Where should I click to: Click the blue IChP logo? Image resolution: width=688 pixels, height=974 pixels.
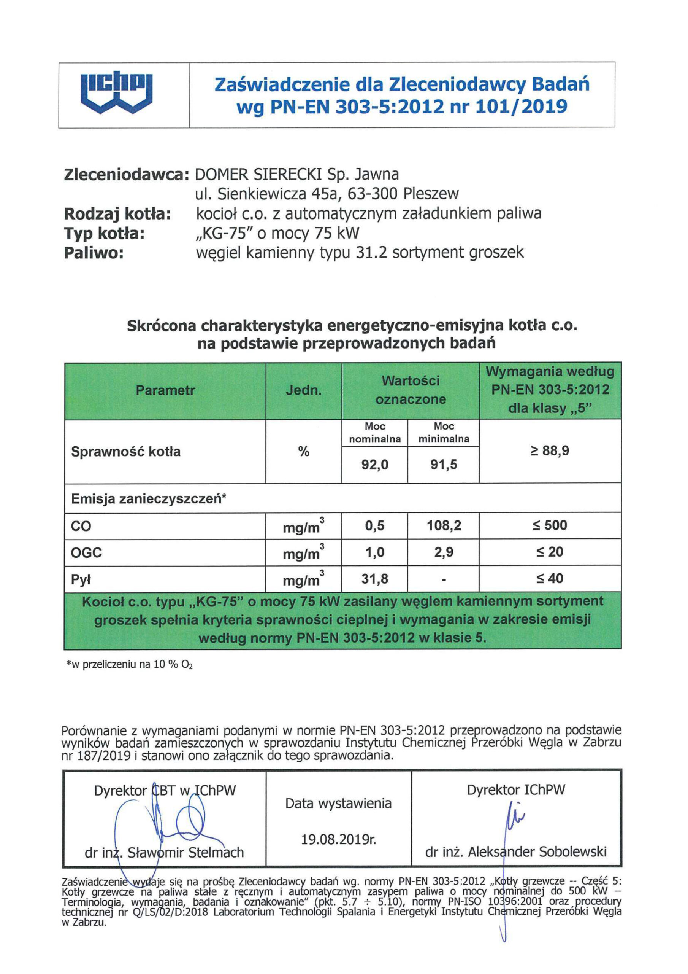pyautogui.click(x=116, y=94)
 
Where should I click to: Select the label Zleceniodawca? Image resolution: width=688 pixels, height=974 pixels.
pyautogui.click(x=126, y=174)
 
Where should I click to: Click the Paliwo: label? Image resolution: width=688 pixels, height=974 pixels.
pyautogui.click(x=93, y=253)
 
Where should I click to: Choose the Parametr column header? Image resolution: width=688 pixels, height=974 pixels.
pyautogui.click(x=165, y=390)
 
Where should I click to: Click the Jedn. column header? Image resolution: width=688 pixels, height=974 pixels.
pyautogui.click(x=303, y=390)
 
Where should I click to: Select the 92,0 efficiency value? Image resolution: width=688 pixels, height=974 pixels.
pyautogui.click(x=374, y=465)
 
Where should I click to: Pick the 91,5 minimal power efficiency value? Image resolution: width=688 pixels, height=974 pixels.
pyautogui.click(x=444, y=465)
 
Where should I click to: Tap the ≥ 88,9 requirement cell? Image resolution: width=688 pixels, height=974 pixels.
pyautogui.click(x=550, y=450)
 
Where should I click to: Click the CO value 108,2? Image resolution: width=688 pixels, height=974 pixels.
pyautogui.click(x=444, y=525)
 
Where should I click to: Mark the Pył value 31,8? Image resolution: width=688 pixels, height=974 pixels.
pyautogui.click(x=374, y=579)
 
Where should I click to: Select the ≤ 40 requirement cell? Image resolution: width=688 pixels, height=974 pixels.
pyautogui.click(x=550, y=579)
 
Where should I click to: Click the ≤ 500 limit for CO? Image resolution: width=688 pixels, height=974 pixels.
pyautogui.click(x=550, y=525)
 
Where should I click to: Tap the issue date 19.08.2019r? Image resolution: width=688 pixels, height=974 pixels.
pyautogui.click(x=338, y=840)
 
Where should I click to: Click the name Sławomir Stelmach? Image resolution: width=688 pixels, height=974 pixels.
pyautogui.click(x=185, y=852)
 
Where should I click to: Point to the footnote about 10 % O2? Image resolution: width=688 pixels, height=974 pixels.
pyautogui.click(x=129, y=665)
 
